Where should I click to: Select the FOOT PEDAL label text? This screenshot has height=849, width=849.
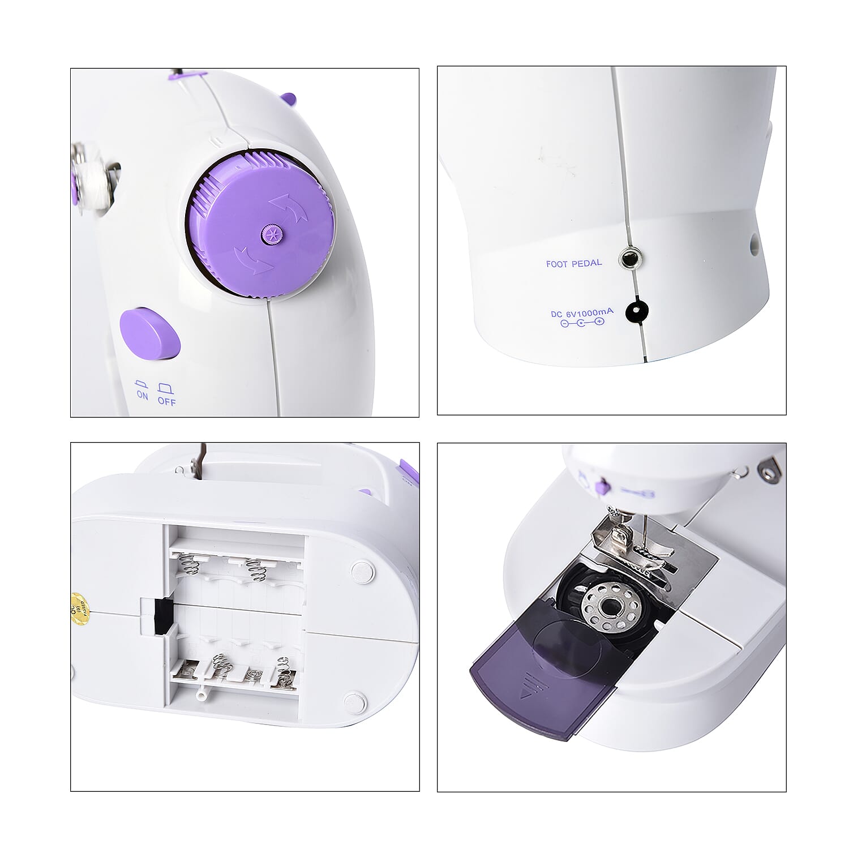click(x=573, y=263)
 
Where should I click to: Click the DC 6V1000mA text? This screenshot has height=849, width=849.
click(x=581, y=312)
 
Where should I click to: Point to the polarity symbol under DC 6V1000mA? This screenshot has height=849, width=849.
click(x=581, y=323)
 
